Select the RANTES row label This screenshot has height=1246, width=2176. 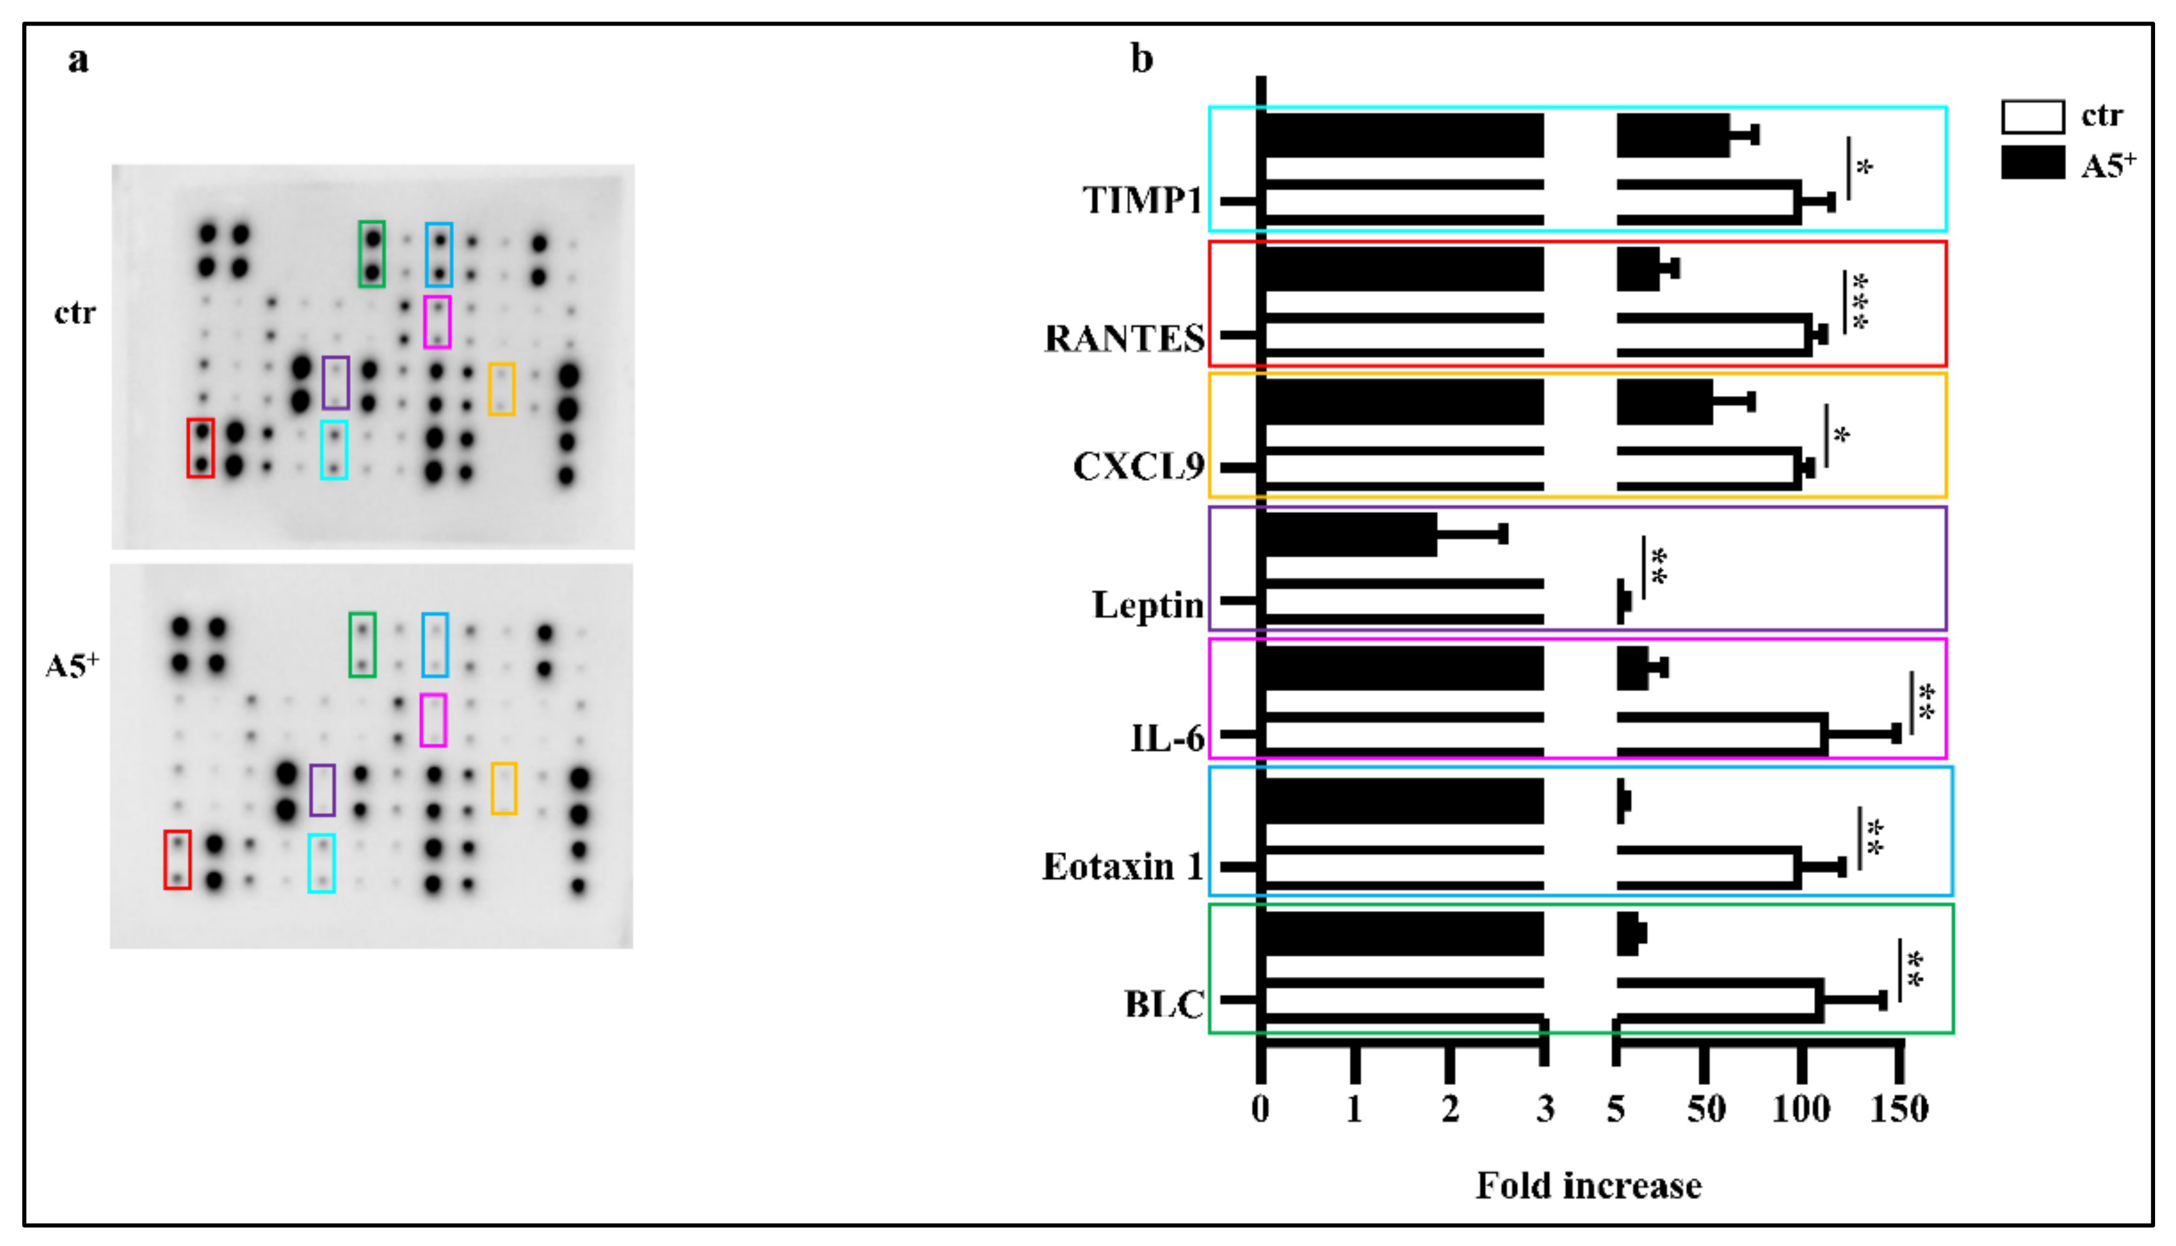coord(1124,339)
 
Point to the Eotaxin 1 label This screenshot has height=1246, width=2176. coord(1122,867)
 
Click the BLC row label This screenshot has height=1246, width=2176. coord(1164,1005)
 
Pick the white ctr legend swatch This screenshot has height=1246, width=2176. coord(2032,116)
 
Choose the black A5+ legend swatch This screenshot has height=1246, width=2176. coord(2032,162)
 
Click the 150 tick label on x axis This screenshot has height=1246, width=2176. coord(1899,1109)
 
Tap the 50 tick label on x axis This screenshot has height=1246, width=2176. coord(1705,1109)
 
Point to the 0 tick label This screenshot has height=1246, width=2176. coord(1260,1109)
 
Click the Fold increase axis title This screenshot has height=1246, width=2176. coord(1588,1186)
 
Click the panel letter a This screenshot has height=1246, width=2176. coord(78,60)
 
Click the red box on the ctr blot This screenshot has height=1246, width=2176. coord(200,448)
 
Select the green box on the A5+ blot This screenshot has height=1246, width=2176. coord(362,645)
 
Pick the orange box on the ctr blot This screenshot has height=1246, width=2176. coord(501,389)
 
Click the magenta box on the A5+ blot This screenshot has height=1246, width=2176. coord(433,720)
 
